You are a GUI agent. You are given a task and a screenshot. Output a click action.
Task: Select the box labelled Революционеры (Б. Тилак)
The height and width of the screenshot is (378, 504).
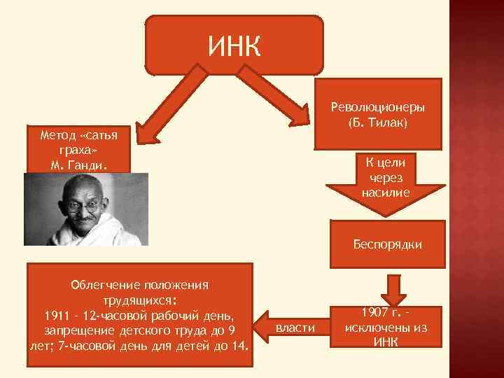(378, 114)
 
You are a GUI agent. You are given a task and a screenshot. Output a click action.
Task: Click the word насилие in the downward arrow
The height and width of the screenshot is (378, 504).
(386, 190)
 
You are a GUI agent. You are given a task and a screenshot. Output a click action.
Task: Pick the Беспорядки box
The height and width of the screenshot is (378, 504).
(386, 245)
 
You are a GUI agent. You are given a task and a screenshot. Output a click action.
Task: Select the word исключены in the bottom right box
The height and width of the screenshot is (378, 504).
(386, 328)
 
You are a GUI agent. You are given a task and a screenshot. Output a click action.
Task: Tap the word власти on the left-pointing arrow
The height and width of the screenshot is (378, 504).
(296, 328)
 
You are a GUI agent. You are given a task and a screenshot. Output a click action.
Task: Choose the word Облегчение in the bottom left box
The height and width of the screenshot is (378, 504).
(106, 285)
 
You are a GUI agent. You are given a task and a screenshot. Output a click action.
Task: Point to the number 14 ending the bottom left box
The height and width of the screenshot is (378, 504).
(240, 344)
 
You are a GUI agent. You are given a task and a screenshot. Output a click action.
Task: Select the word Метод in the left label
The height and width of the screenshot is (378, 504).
(58, 134)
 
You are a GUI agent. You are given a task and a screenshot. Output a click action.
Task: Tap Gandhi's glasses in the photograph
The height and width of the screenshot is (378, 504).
(83, 208)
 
